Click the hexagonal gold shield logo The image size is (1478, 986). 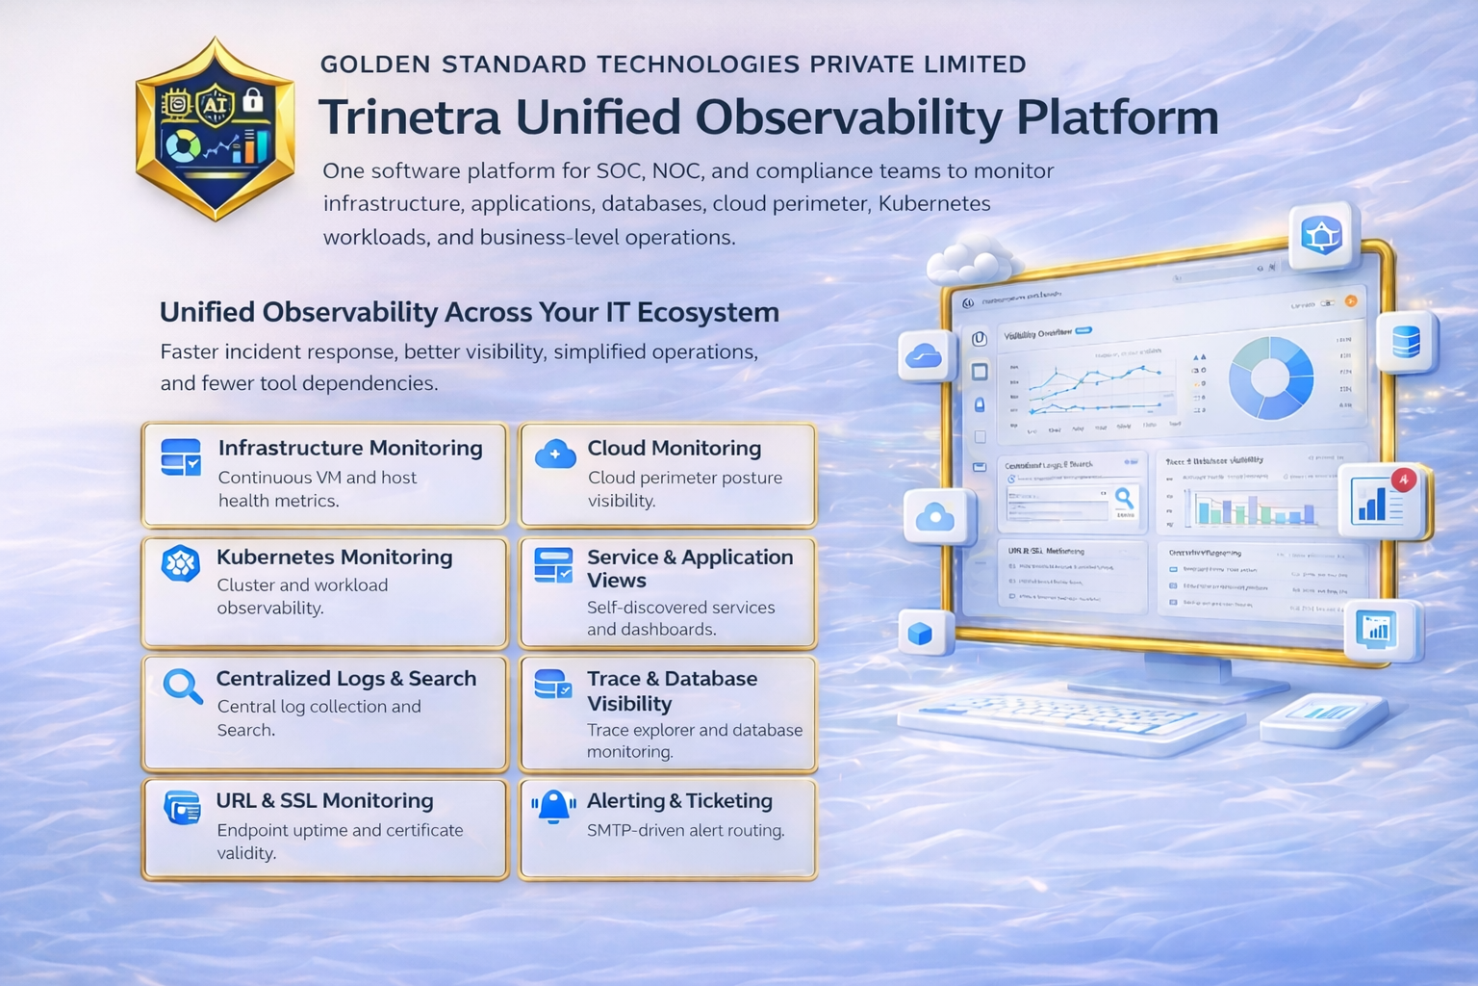pyautogui.click(x=215, y=129)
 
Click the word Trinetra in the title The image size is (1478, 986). pyautogui.click(x=410, y=117)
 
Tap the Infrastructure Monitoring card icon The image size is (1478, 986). pyautogui.click(x=181, y=457)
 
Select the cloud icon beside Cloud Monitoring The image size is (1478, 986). pyautogui.click(x=555, y=454)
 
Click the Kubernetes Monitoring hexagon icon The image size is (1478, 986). pyautogui.click(x=180, y=564)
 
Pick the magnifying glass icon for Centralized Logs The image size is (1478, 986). pyautogui.click(x=182, y=687)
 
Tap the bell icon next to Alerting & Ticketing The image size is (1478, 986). pyautogui.click(x=554, y=807)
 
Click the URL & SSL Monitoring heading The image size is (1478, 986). pyautogui.click(x=324, y=801)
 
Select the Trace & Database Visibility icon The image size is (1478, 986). pyautogui.click(x=553, y=685)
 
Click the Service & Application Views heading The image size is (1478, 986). pyautogui.click(x=689, y=568)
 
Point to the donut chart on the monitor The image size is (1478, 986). pyautogui.click(x=1271, y=377)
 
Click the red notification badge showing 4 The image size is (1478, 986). pyautogui.click(x=1404, y=479)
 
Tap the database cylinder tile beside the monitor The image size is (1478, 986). pyautogui.click(x=1406, y=342)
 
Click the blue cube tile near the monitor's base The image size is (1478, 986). pyautogui.click(x=921, y=634)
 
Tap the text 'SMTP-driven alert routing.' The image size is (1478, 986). pyautogui.click(x=685, y=830)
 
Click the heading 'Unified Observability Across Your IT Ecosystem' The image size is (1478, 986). pyautogui.click(x=469, y=312)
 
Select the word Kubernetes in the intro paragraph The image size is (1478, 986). pyautogui.click(x=934, y=204)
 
